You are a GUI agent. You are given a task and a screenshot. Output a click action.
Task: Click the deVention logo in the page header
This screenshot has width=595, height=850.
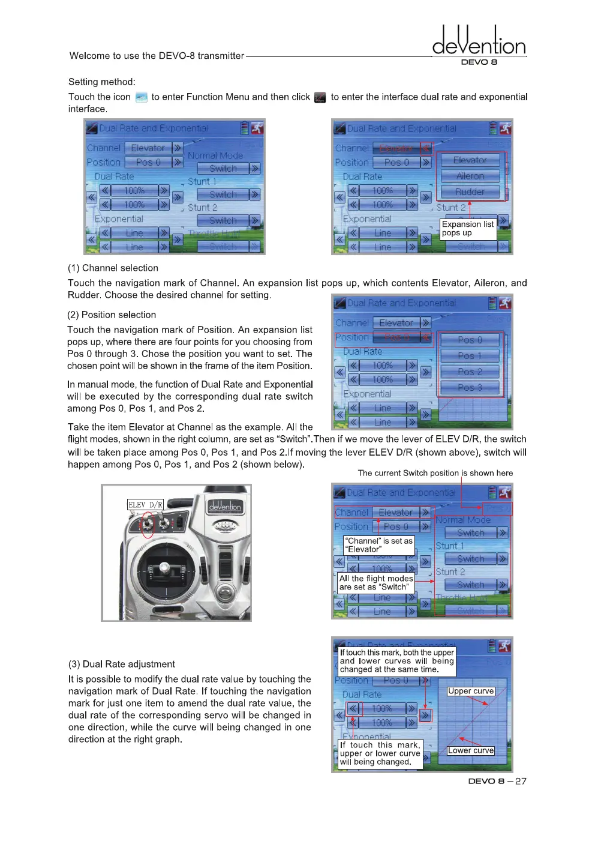click(479, 42)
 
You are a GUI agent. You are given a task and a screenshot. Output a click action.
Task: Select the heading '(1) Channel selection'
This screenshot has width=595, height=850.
click(113, 268)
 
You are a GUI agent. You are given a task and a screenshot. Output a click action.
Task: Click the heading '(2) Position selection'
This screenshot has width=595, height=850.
click(112, 315)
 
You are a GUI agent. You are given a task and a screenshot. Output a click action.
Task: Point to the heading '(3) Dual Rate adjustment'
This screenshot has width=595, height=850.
click(121, 664)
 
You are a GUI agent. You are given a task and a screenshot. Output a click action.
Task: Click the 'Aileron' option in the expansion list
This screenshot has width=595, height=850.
click(470, 176)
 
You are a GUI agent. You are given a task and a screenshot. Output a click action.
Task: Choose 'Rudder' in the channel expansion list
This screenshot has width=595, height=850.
click(470, 191)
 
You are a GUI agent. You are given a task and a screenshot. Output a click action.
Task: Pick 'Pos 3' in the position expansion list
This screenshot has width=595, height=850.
click(470, 387)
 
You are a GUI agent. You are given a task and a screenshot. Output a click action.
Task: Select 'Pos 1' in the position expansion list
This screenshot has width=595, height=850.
click(470, 355)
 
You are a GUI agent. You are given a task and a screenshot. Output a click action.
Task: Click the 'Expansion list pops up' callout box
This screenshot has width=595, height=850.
click(468, 229)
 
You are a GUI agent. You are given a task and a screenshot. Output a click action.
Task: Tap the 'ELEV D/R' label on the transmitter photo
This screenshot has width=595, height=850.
click(145, 505)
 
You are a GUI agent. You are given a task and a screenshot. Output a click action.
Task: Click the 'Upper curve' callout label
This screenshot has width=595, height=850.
click(471, 691)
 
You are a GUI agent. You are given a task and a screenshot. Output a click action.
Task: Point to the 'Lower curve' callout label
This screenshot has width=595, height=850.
click(471, 750)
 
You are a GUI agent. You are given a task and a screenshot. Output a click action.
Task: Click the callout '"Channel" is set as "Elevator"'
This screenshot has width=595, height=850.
click(378, 545)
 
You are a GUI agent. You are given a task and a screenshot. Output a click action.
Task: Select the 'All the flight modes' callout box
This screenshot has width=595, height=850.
click(375, 583)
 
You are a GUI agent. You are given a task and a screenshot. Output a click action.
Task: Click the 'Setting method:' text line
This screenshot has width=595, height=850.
click(102, 82)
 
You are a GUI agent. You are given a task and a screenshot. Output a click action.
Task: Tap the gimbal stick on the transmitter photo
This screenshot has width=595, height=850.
click(164, 568)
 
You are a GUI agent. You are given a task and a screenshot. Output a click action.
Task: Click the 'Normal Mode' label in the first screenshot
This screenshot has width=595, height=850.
click(215, 155)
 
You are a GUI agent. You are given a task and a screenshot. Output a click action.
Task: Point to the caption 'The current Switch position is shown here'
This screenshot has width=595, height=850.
click(435, 473)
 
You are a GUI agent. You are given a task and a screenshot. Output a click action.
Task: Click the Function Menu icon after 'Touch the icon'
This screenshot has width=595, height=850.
click(141, 97)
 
